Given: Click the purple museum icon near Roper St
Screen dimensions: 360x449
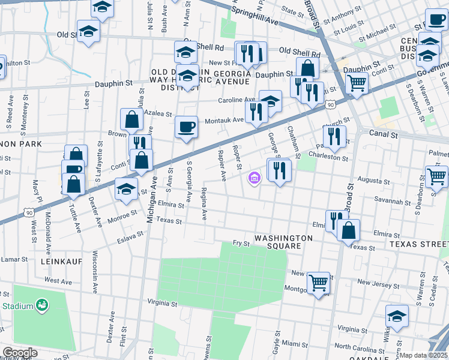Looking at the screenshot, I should point(254,178).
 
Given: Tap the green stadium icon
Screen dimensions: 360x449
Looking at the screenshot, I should point(41,306).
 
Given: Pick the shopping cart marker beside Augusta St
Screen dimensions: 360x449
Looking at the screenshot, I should point(436,176).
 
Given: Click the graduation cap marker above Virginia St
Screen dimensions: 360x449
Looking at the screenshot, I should point(397,316).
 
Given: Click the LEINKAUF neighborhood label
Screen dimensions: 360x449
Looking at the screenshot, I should point(61,262).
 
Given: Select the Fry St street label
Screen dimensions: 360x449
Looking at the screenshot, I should point(241,243).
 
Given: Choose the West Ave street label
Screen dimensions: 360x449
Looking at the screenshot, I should point(58,281).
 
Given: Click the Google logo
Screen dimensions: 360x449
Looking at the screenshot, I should point(19,353).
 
